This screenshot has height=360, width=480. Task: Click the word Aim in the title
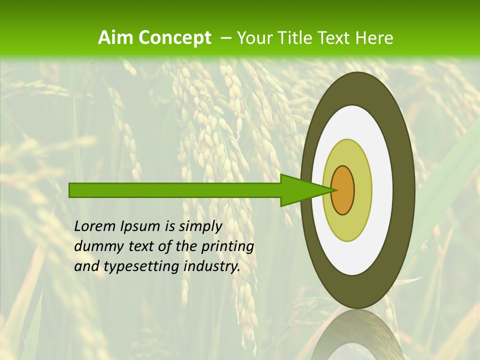point(116,37)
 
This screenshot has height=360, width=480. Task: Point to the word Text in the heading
point(335,37)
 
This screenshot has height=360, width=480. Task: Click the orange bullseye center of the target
point(343,190)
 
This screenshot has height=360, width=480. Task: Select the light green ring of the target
point(348,225)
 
